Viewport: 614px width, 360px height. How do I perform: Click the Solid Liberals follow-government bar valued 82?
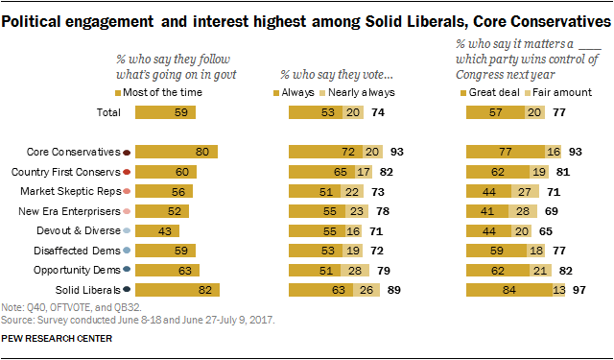[x=177, y=290]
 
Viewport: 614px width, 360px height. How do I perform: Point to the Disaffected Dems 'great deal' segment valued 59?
[x=496, y=251]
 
